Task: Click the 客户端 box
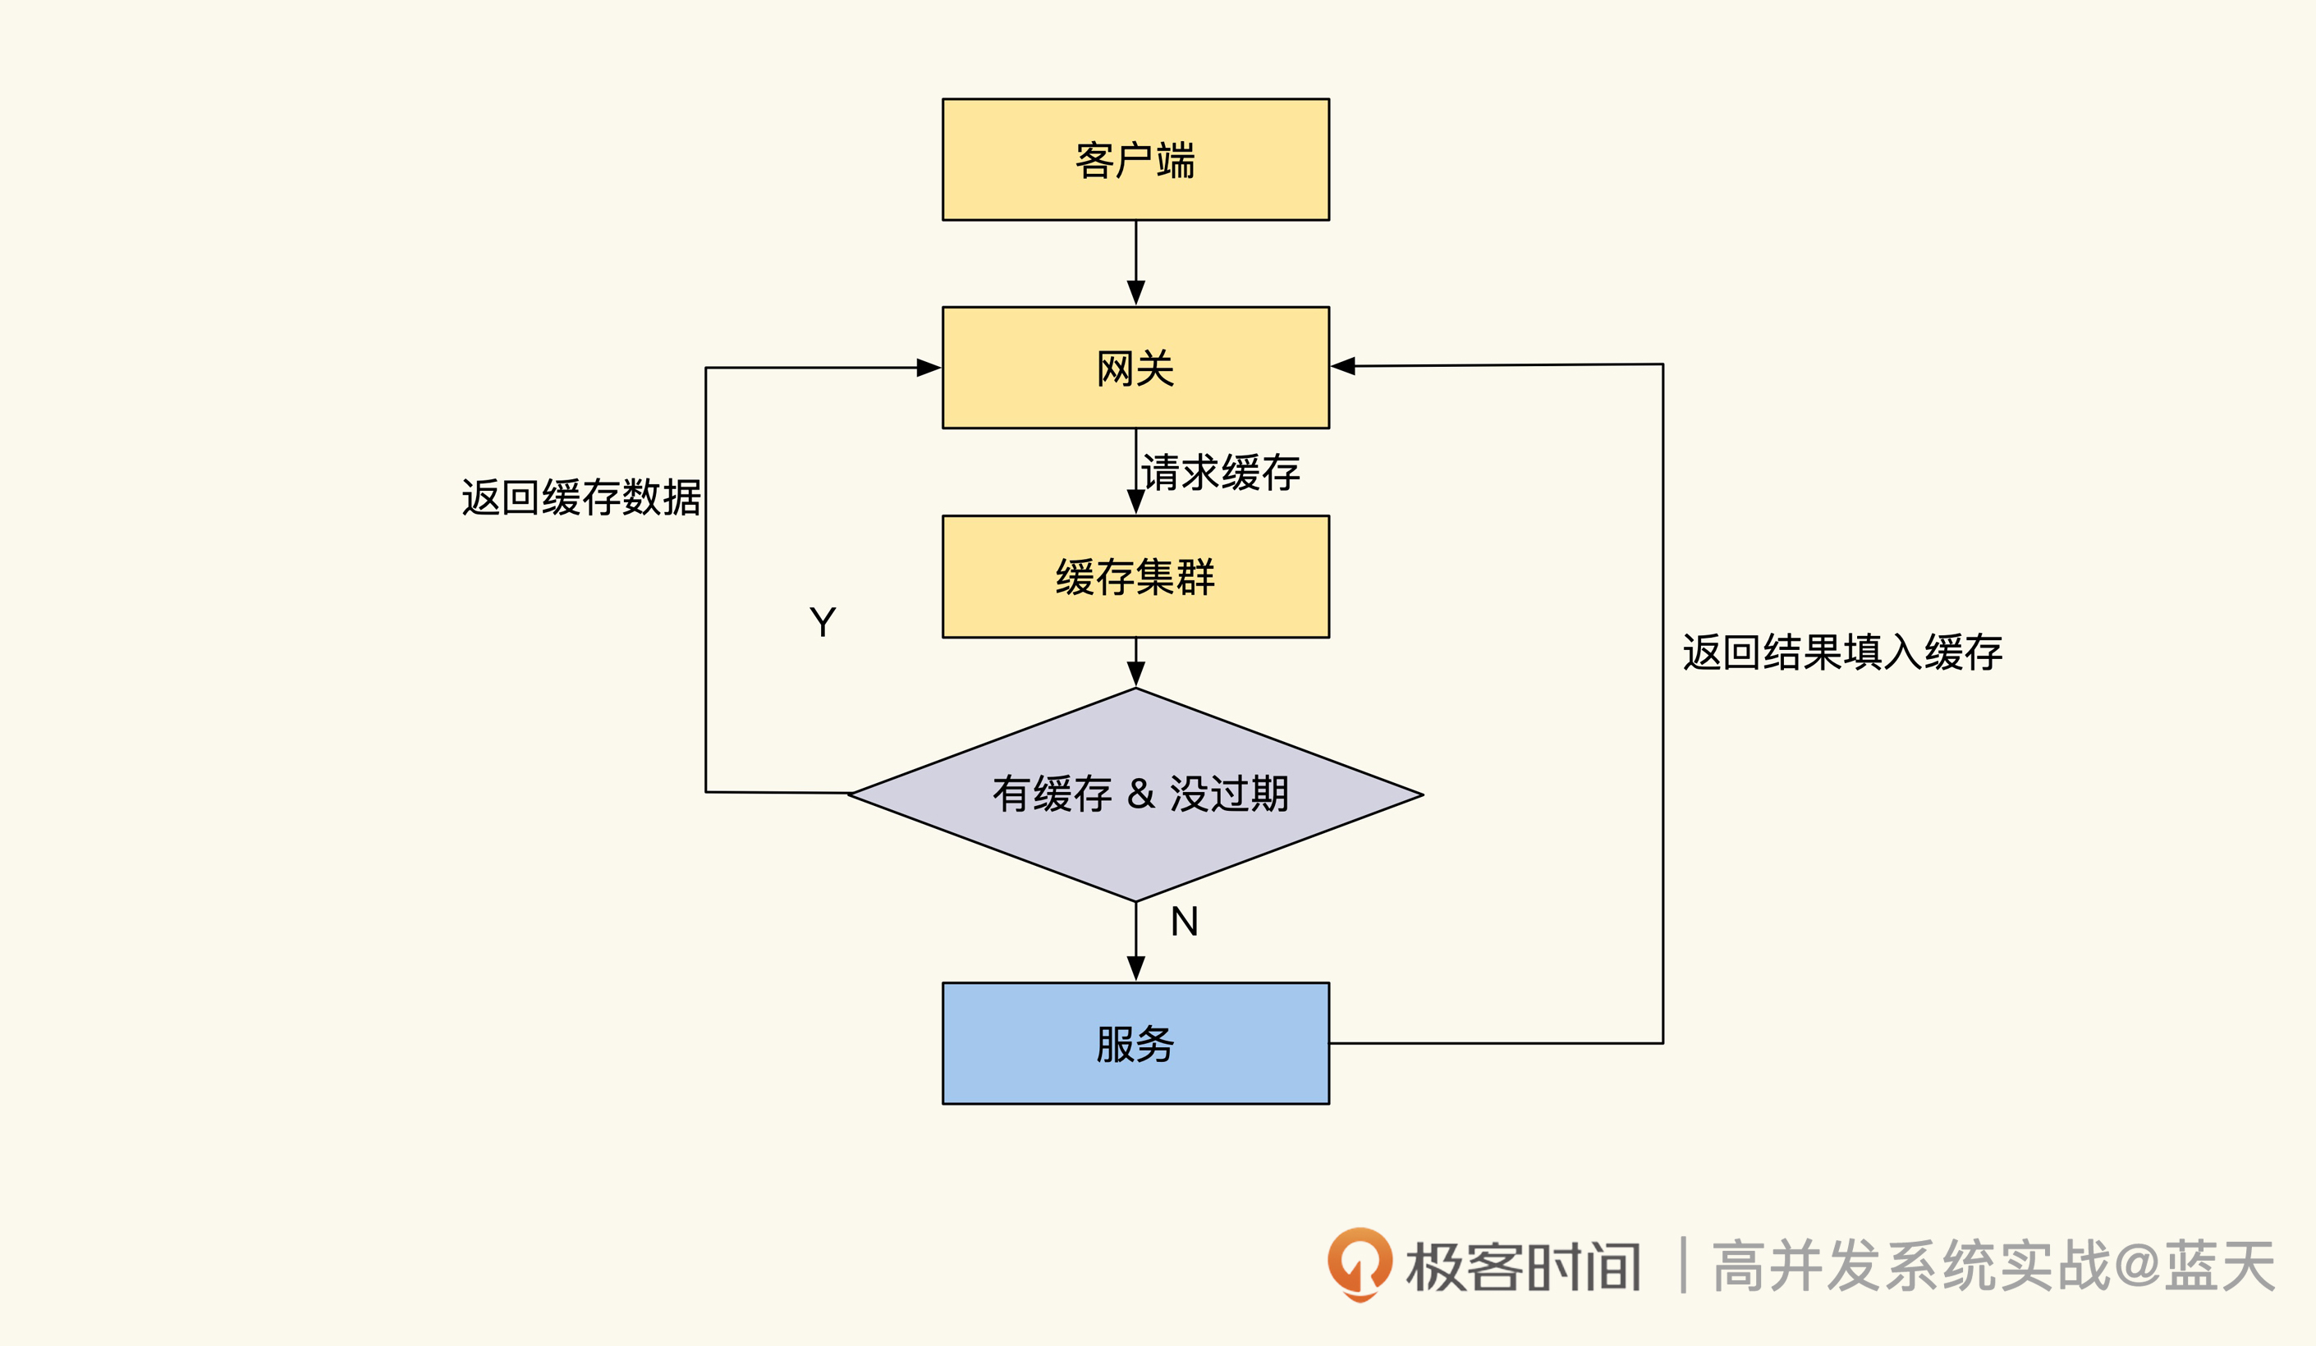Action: pyautogui.click(x=1135, y=159)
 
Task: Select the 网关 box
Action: pyautogui.click(x=1135, y=368)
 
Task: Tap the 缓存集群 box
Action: pyautogui.click(x=1135, y=576)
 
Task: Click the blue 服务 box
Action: pyautogui.click(x=1135, y=1044)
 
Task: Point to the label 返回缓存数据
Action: pyautogui.click(x=580, y=497)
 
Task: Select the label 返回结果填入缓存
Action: pyautogui.click(x=1841, y=652)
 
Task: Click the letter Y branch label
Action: pyautogui.click(x=823, y=622)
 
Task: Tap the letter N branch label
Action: pyautogui.click(x=1184, y=922)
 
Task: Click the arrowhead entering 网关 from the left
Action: pyautogui.click(x=929, y=368)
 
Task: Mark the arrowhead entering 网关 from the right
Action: pyautogui.click(x=1344, y=366)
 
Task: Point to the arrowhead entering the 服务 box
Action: pyautogui.click(x=1136, y=968)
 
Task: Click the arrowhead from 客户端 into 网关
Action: pyautogui.click(x=1136, y=292)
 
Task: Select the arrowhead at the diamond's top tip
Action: pyautogui.click(x=1136, y=674)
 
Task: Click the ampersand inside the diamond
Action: pyautogui.click(x=1140, y=794)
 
